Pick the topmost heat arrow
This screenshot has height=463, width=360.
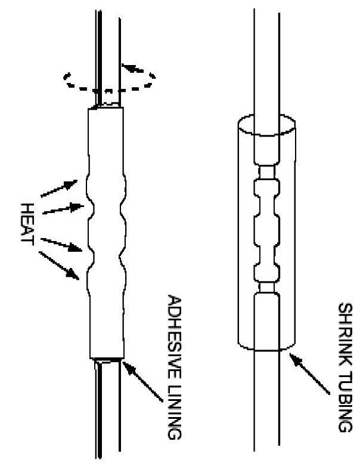(x=58, y=188)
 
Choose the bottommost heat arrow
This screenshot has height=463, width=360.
(x=60, y=266)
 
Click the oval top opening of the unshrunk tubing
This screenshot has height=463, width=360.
(x=266, y=125)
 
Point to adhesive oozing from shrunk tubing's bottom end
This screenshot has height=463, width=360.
(x=108, y=360)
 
